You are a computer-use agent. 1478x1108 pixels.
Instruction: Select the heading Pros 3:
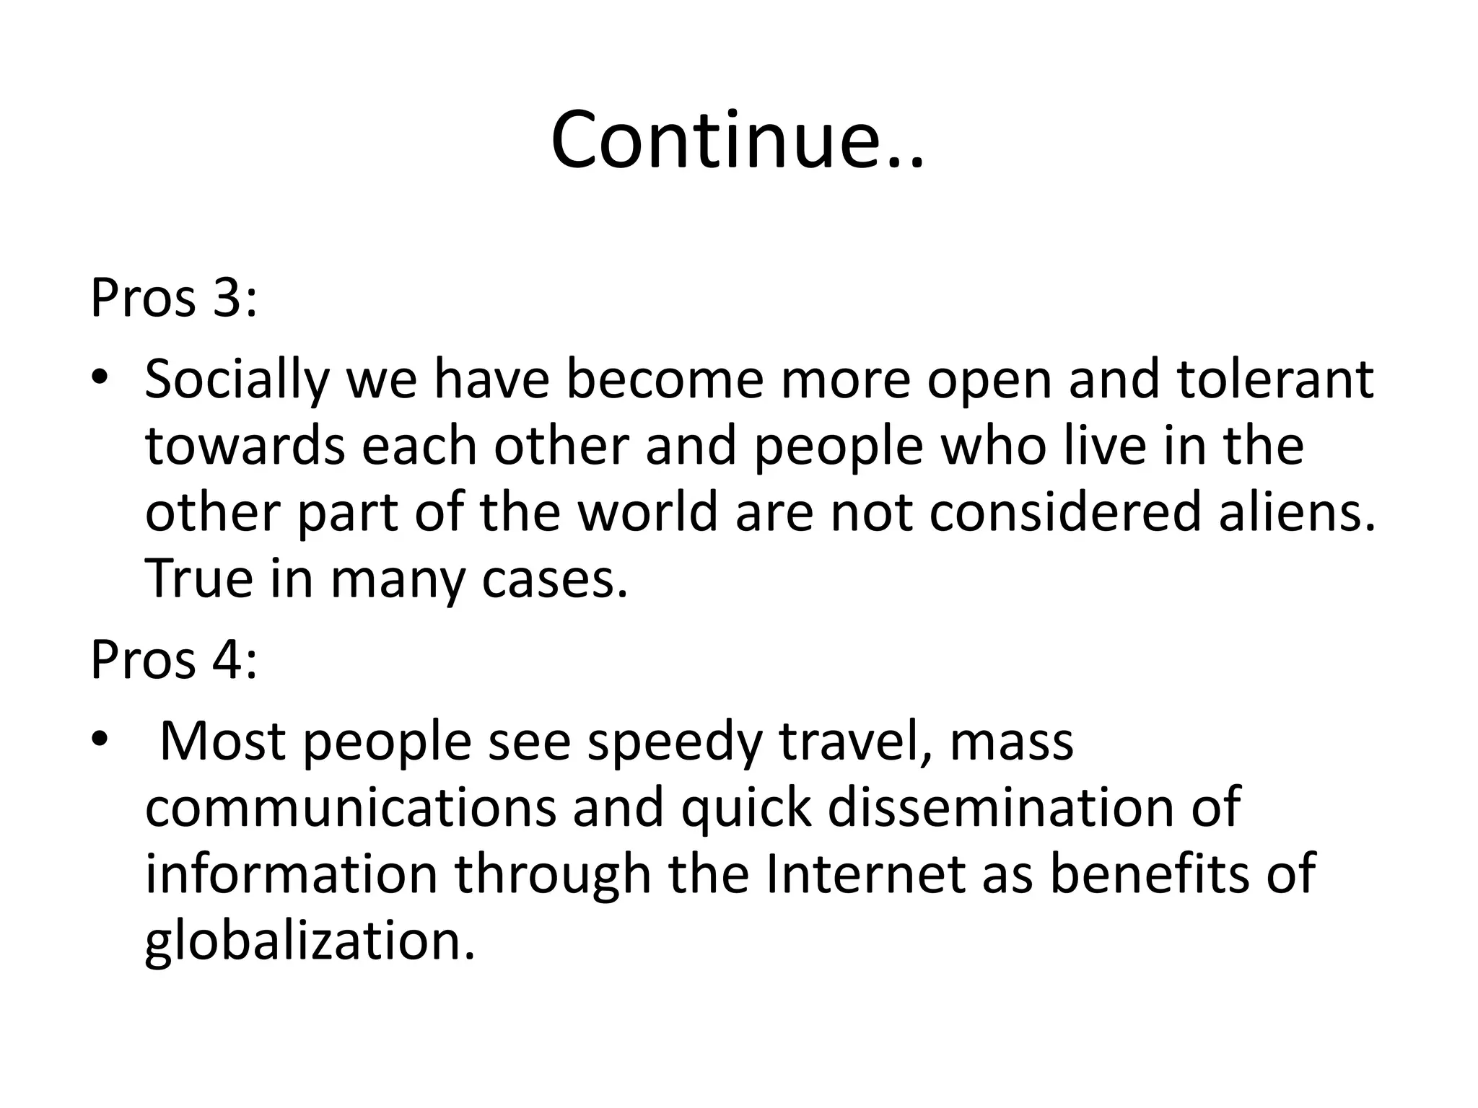pos(173,297)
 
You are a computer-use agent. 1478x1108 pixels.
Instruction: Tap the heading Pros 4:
pos(173,659)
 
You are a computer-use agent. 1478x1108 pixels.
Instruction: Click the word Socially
pos(237,379)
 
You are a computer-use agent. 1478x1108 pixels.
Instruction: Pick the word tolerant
pos(1275,379)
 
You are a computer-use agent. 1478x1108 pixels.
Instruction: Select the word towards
pos(245,446)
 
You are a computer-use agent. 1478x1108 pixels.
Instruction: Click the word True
pos(199,579)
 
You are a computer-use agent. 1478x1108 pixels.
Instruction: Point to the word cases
pos(554,579)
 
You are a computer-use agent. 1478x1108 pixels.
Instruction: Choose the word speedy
pos(675,743)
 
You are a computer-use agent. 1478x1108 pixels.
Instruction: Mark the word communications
pos(351,808)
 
